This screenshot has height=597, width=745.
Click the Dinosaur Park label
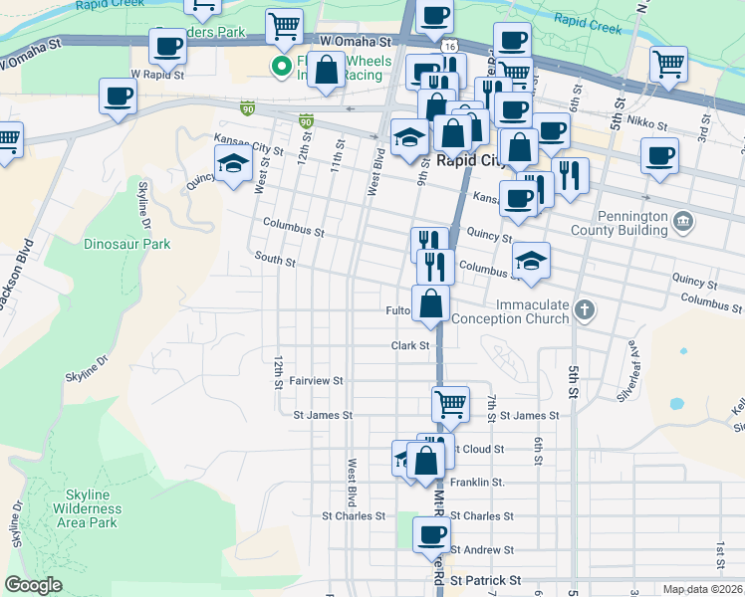point(127,244)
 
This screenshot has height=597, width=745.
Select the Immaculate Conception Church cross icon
point(585,311)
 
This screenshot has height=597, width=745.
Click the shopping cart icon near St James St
point(450,403)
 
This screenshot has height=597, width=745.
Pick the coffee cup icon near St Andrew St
point(431,532)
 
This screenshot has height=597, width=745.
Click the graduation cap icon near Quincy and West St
point(233,162)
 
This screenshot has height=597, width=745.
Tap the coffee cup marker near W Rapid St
point(167,45)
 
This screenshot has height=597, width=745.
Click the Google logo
point(33,584)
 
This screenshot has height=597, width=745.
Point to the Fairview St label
point(316,381)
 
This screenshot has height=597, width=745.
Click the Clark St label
point(409,345)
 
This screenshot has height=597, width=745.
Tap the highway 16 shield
point(451,47)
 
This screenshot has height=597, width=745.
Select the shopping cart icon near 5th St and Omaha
point(667,65)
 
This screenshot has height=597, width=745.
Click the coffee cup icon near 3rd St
point(659,154)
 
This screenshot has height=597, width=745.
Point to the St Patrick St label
point(485,579)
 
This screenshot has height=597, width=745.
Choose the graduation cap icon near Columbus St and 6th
point(532,260)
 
